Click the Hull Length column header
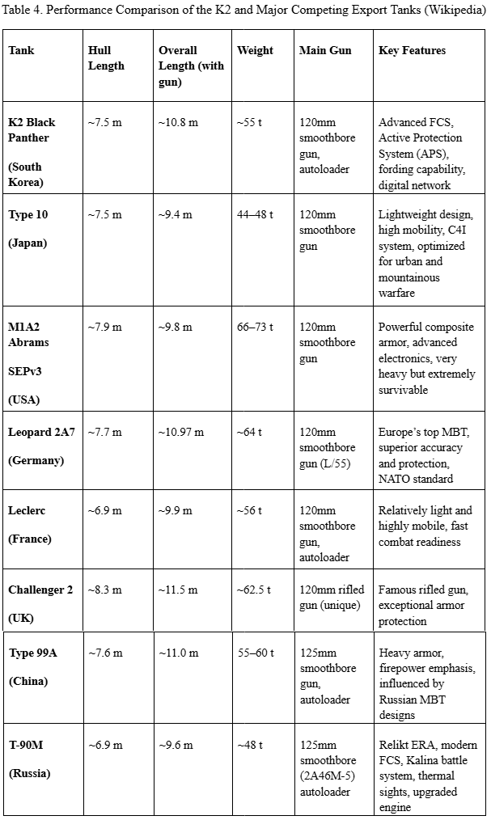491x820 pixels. pos(106,57)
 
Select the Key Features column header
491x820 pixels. pos(412,50)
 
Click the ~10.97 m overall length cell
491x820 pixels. pos(181,432)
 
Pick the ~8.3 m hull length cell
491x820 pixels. pos(105,590)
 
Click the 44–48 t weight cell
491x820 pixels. pos(255,214)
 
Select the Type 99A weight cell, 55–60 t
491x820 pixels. pos(255,653)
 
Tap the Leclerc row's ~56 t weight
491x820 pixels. pos(249,510)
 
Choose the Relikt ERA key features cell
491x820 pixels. pos(427,776)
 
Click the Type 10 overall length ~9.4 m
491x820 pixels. pos(176,214)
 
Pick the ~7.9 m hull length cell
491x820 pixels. pos(105,327)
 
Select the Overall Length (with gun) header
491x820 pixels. pos(189,66)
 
